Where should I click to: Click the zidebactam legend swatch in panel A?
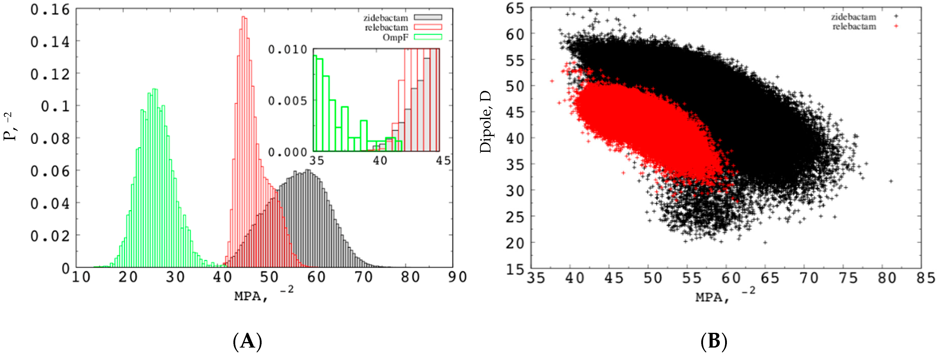click(x=427, y=17)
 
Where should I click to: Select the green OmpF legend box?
click(x=427, y=37)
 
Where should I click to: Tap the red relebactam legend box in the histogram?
click(x=427, y=27)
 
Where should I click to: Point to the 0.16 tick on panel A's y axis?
click(x=50, y=10)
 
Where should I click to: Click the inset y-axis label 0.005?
click(x=288, y=101)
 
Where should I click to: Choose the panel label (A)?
click(x=247, y=342)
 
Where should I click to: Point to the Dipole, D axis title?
click(x=485, y=122)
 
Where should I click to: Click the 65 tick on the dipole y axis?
click(x=515, y=8)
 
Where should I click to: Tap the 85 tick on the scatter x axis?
click(x=925, y=279)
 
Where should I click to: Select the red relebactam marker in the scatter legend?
click(x=896, y=26)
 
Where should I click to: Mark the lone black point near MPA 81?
click(x=891, y=181)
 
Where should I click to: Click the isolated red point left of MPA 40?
click(x=552, y=81)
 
